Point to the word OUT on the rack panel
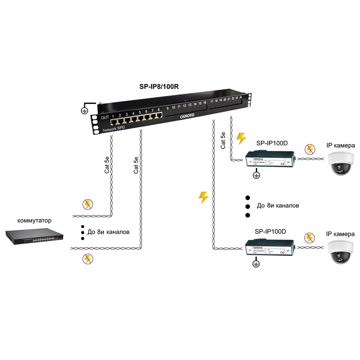click(x=105, y=117)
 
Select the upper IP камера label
click(x=341, y=146)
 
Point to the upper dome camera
click(x=340, y=163)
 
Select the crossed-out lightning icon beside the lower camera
click(x=309, y=238)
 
